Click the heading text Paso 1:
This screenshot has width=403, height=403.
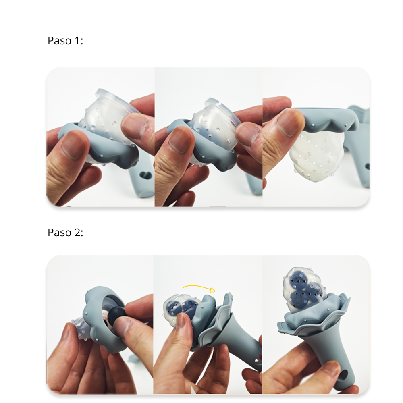click(65, 41)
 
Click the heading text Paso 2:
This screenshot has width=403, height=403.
click(65, 233)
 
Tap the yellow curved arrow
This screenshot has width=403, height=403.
click(199, 288)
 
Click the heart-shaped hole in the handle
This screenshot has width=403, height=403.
click(146, 175)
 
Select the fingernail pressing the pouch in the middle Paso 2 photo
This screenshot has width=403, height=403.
click(181, 320)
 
